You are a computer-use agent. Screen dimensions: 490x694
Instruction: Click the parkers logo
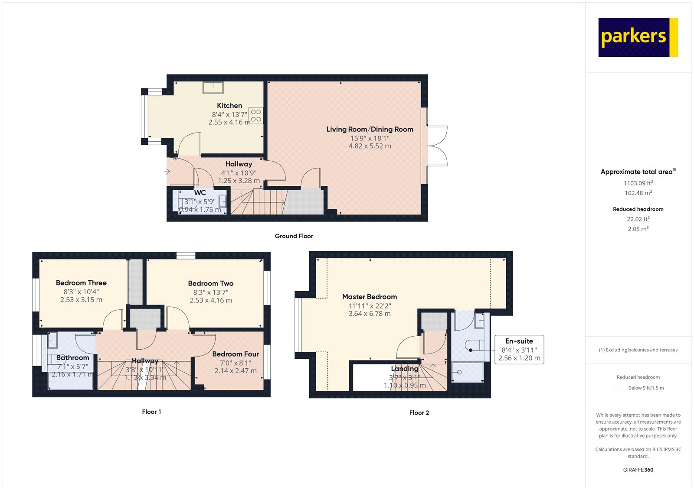638,37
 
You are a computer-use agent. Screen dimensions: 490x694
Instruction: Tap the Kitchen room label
229,105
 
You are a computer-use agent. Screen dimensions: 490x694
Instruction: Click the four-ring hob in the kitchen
256,115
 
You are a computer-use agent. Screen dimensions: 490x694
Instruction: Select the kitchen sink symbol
213,88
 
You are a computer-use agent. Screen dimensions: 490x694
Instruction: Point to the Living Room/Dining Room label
370,129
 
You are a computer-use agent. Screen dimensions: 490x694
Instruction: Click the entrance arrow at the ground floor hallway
167,172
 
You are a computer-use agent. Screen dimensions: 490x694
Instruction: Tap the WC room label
200,193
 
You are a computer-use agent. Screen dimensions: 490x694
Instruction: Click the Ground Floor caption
294,236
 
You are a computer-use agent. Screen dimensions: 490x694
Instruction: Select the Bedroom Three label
81,283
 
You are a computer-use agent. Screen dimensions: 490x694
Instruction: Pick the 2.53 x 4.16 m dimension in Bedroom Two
211,300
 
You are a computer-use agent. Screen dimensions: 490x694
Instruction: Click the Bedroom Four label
236,354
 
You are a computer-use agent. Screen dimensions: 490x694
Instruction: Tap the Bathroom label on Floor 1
72,357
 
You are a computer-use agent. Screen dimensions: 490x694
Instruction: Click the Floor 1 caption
151,412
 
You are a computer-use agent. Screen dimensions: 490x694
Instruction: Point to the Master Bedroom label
370,297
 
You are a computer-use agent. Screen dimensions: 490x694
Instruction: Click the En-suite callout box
519,349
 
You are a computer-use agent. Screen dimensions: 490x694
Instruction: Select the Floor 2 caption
419,412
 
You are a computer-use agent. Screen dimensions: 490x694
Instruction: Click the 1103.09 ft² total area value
638,183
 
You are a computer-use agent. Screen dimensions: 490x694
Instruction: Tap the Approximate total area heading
636,172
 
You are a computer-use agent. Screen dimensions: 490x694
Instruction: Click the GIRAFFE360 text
638,470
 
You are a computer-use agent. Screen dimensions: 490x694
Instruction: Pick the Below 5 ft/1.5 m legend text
646,388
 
